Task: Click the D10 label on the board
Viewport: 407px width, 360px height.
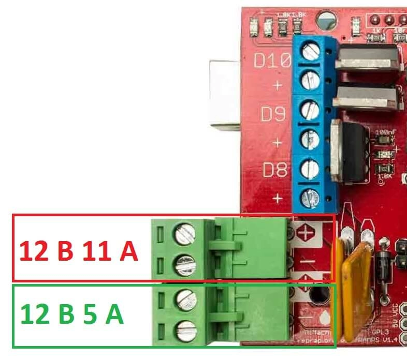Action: tap(271, 62)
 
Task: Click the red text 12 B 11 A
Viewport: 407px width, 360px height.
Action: tap(79, 252)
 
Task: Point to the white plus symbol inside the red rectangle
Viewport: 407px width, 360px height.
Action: tap(306, 234)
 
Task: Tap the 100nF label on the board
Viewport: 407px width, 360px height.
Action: tap(383, 133)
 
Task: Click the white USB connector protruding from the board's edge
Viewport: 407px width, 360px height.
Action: tap(224, 93)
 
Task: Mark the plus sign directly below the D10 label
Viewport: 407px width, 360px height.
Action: tap(278, 85)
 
